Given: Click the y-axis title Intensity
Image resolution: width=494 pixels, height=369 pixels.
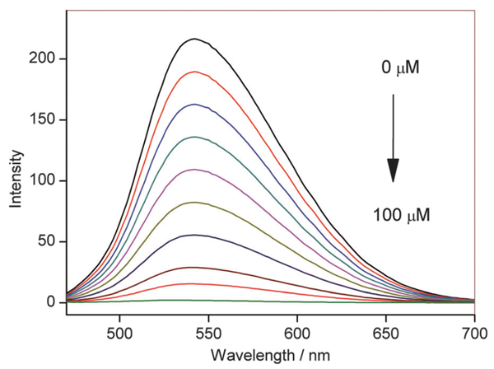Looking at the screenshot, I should [15, 180].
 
